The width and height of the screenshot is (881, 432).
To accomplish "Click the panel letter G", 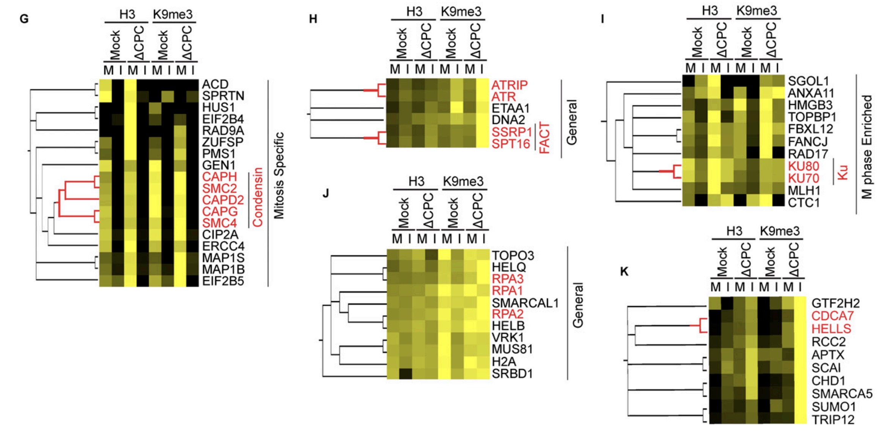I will (24, 19).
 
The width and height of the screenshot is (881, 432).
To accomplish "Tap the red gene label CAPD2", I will (223, 200).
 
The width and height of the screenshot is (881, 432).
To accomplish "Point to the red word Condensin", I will (258, 197).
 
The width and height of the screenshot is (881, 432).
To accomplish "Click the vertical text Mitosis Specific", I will (279, 175).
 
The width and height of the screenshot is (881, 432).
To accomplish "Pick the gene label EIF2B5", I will (223, 281).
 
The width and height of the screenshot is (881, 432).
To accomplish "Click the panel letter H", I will (313, 19).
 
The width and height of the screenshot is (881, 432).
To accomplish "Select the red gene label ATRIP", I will (510, 85).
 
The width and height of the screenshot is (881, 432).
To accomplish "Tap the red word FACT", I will (544, 138).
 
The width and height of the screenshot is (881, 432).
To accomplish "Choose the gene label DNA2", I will (508, 120).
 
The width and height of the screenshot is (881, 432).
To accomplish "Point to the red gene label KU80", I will (804, 166).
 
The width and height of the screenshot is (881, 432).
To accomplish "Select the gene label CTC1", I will (804, 203).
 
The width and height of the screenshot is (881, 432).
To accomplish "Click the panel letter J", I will (326, 193).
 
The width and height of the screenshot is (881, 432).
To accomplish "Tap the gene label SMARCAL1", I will (525, 303).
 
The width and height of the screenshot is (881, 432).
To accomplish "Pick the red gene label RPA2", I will (508, 314).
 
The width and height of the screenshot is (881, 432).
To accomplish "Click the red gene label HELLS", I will (831, 329).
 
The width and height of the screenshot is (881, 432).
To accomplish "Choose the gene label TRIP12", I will (833, 419).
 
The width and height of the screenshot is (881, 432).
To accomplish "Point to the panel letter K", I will (624, 271).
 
